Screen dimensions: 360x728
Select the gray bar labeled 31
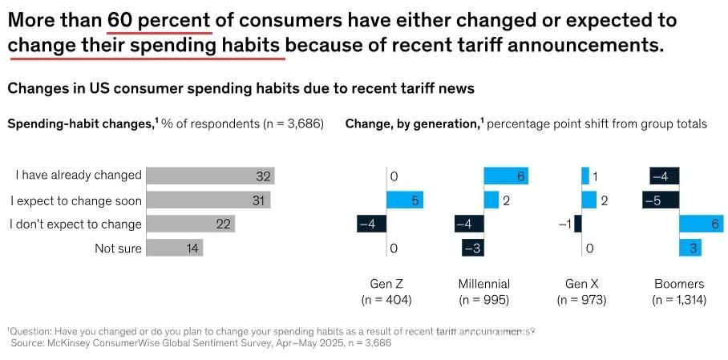pos(209,200)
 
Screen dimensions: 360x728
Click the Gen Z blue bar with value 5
pos(405,200)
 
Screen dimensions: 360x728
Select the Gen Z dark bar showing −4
pos(371,224)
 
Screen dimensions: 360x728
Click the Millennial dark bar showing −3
pos(474,249)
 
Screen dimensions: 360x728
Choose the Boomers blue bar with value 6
pos(703,224)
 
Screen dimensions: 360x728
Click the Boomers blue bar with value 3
pos(691,249)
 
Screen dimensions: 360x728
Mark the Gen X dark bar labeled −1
pos(578,224)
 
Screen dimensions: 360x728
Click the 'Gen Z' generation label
pos(386,284)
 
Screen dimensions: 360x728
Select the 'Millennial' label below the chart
pos(483,284)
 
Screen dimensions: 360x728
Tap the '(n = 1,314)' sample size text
pos(678,300)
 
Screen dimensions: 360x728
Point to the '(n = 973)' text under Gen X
pos(580,300)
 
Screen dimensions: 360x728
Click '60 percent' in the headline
pos(159,20)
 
